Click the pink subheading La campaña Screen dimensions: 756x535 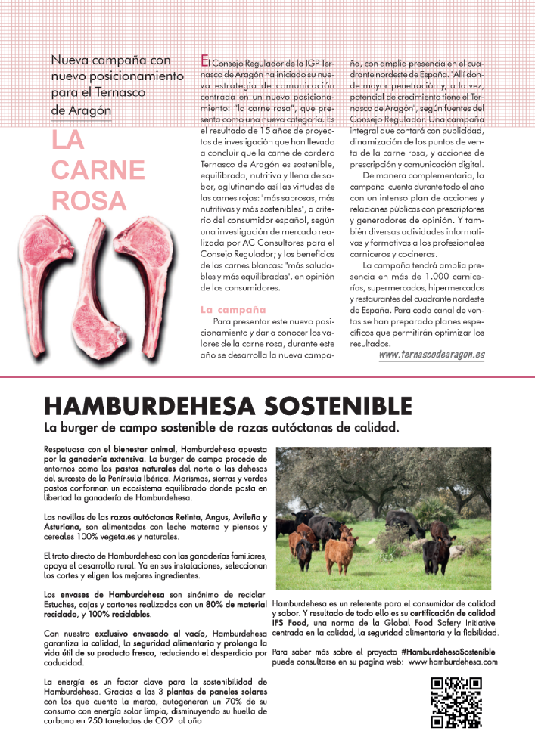pos(233,309)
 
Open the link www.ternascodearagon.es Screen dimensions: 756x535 pos(431,354)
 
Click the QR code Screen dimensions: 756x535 pos(456,702)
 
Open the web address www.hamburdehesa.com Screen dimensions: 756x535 pos(453,661)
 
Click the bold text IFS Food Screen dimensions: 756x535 pos(290,623)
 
